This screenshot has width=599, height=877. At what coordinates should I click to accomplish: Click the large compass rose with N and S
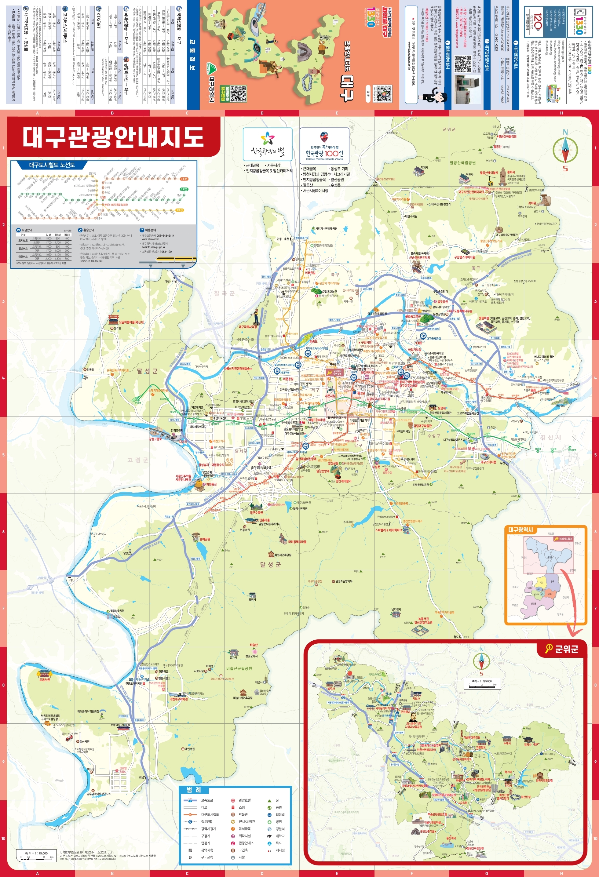tap(565, 150)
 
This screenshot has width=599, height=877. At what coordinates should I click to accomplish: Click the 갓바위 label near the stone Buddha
tap(531, 203)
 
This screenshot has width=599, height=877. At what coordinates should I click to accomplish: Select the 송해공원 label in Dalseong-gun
tap(205, 539)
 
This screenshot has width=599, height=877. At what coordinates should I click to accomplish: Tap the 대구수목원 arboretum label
tap(256, 512)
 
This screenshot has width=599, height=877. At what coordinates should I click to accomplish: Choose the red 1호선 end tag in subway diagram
tap(184, 179)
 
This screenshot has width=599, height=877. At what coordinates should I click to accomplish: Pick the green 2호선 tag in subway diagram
tap(184, 189)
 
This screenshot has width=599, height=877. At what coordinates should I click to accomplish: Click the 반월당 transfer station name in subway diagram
tap(103, 197)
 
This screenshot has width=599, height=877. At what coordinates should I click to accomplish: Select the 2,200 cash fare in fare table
tap(48, 259)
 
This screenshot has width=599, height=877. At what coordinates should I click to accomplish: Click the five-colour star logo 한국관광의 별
tap(267, 140)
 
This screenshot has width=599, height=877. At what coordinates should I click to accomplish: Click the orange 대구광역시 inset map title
tap(520, 530)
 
